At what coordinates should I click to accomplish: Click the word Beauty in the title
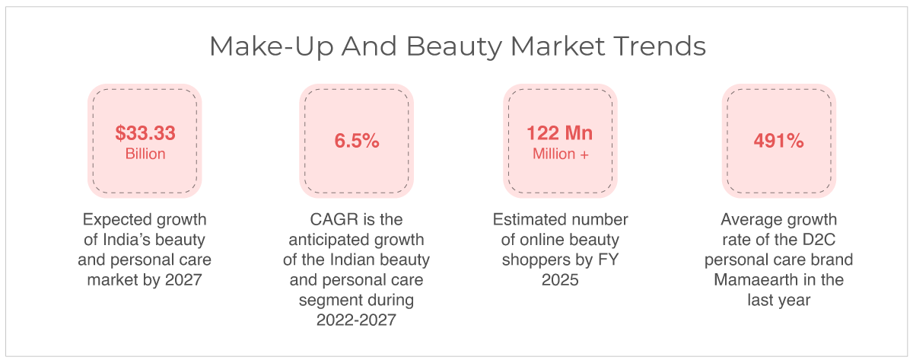[454, 47]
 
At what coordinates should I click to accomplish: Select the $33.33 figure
[145, 133]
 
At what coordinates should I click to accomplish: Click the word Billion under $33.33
[145, 154]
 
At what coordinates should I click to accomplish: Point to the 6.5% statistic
[357, 141]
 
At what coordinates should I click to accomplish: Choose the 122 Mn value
[560, 133]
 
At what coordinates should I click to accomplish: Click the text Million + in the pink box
[561, 154]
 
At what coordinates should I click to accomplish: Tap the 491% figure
[778, 141]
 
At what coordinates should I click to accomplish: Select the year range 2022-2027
[356, 320]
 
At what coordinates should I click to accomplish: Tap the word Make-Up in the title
[272, 47]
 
